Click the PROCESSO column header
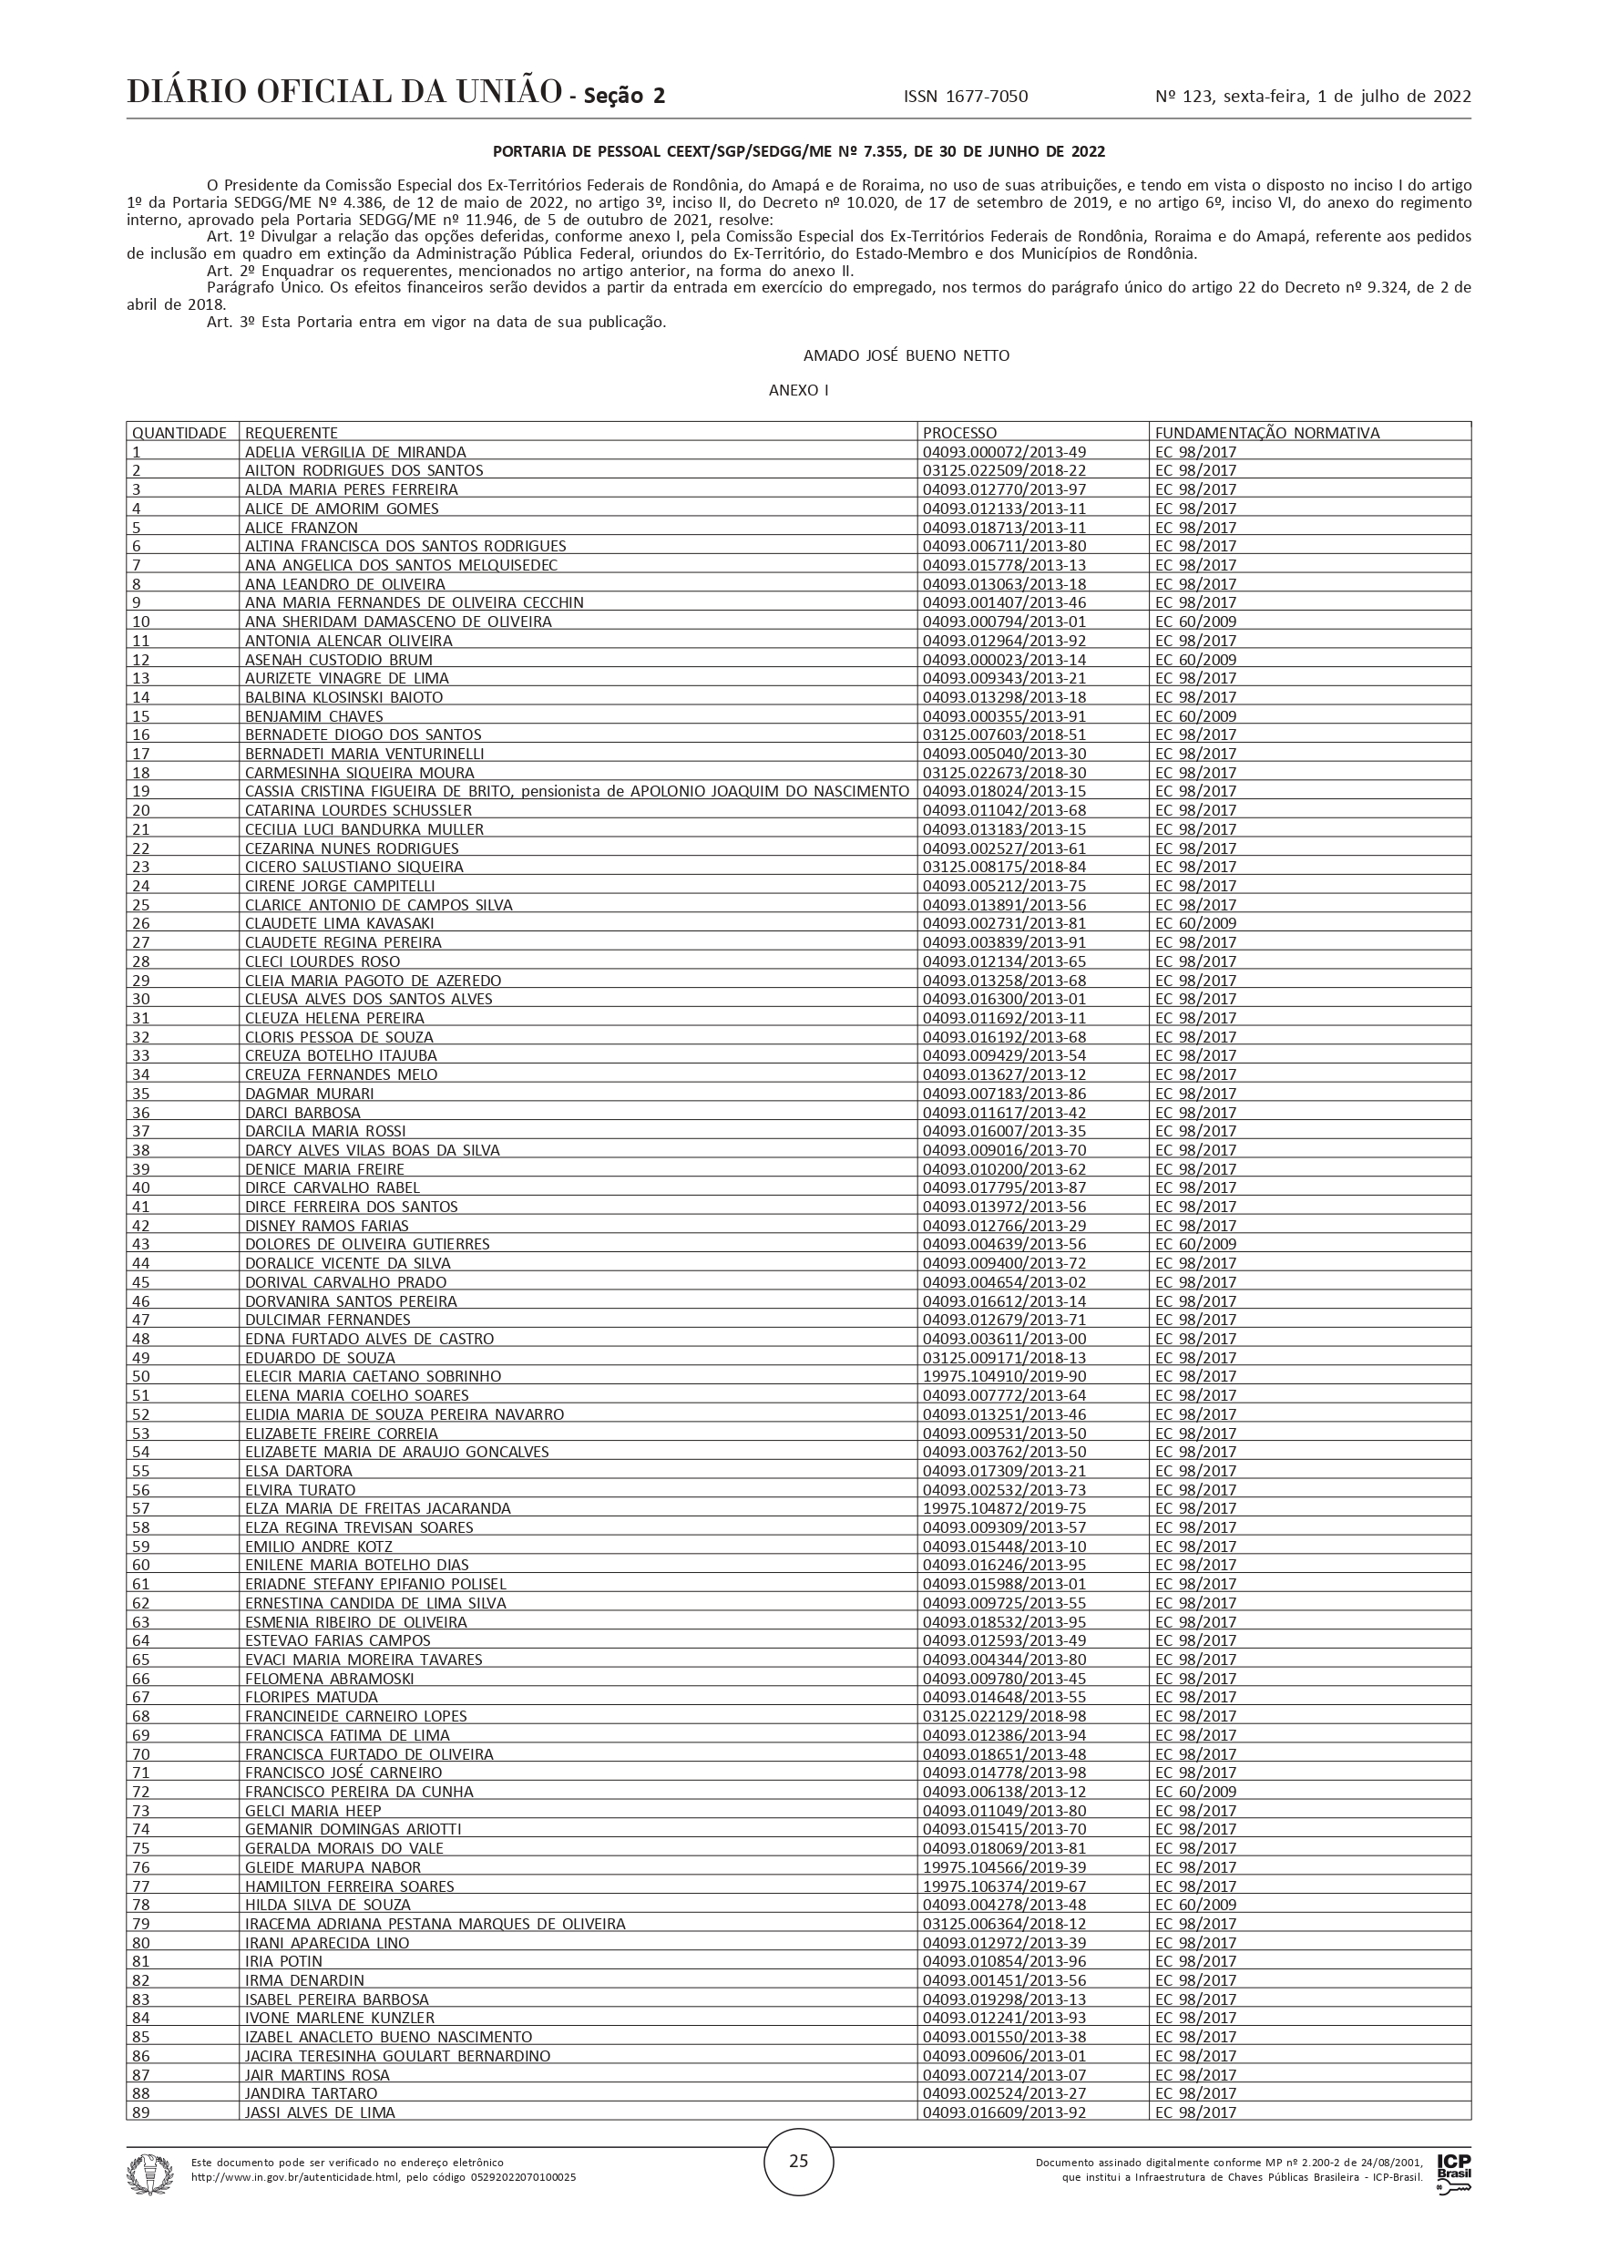pos(959,432)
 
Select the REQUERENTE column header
pos(292,432)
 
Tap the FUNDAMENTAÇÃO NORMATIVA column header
pos(1267,432)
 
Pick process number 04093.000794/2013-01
pos(1004,622)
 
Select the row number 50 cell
pos(142,1377)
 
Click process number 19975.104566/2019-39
pos(1004,1867)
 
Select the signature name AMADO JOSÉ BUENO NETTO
pos(906,355)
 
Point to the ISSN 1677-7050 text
pos(965,97)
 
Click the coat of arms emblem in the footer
pos(149,2174)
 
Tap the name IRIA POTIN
pos(283,1960)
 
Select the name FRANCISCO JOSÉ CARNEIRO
pos(343,1773)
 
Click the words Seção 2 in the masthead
pos(624,96)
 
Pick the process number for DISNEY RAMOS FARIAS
pos(1004,1226)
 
